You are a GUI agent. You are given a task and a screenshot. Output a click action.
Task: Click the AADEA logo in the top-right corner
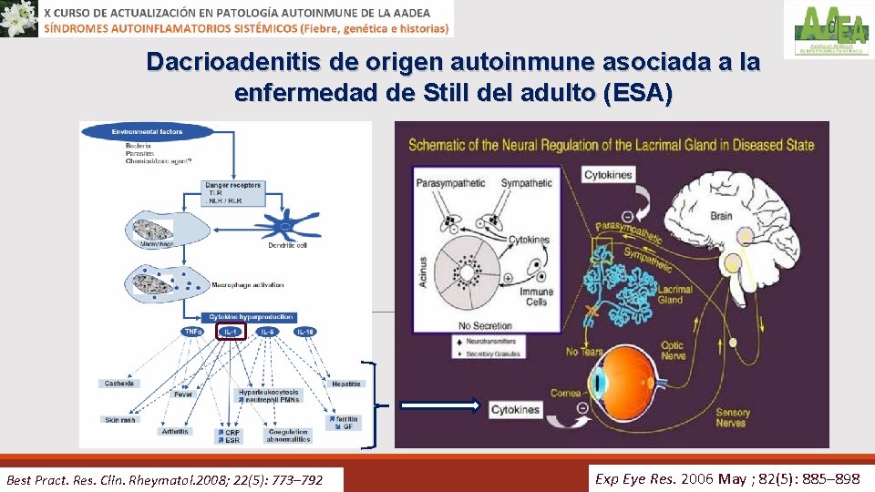coord(829,30)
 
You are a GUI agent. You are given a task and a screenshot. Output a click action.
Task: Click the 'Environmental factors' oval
coord(146,132)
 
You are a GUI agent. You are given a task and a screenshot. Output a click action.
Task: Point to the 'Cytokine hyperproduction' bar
coord(251,317)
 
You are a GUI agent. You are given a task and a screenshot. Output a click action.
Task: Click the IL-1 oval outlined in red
coord(232,333)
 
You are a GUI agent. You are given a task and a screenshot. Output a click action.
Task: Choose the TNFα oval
coord(193,332)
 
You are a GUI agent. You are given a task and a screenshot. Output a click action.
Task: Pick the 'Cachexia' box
coord(119,384)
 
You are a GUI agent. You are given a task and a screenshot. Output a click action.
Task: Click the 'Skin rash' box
coord(119,419)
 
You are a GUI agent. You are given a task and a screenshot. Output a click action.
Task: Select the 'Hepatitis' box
coord(346,384)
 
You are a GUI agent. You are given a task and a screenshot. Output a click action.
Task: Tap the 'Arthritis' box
coord(174,431)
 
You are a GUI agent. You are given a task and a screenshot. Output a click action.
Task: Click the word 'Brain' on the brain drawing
coord(721,216)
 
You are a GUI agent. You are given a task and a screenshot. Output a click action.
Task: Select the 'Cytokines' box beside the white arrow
coord(515,410)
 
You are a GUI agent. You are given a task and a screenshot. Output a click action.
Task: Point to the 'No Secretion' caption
coord(484,325)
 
